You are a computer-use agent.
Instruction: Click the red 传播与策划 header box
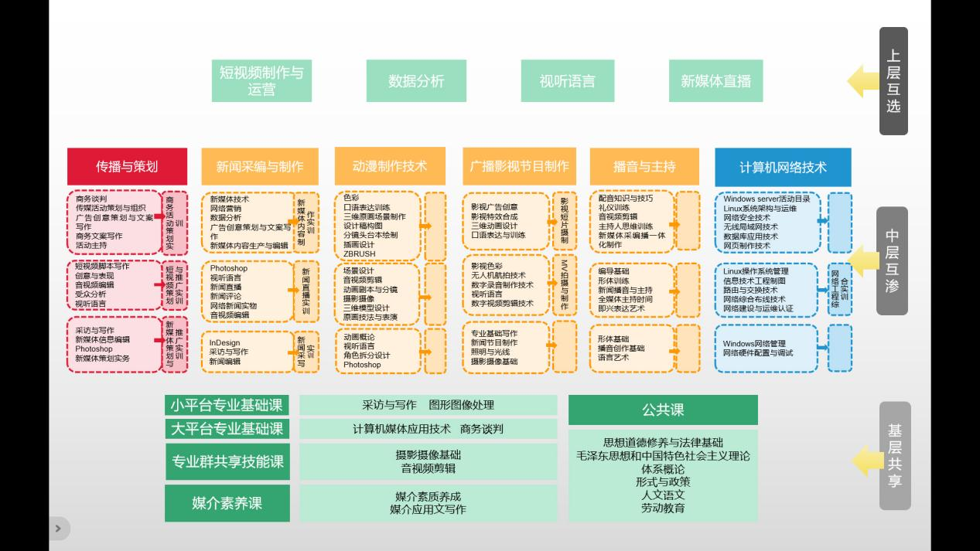127,166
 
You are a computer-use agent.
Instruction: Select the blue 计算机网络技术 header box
783,167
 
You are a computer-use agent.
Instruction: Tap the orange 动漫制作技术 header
390,166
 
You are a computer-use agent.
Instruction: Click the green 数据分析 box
416,80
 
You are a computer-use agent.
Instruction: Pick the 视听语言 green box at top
568,80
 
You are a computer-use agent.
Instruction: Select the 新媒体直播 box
715,80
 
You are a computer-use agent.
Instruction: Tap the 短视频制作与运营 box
261,80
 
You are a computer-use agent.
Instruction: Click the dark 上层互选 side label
893,80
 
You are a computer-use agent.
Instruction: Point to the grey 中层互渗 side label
892,260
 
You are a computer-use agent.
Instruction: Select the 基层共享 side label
894,455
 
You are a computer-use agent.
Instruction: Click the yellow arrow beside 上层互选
862,81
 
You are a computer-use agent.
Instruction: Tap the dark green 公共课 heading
663,410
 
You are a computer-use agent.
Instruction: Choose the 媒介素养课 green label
227,503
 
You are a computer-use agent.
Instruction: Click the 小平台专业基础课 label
227,405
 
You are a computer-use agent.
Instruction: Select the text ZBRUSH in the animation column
360,253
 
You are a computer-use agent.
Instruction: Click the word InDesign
225,342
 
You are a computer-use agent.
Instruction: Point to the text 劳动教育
663,508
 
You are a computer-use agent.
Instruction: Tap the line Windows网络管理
754,343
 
